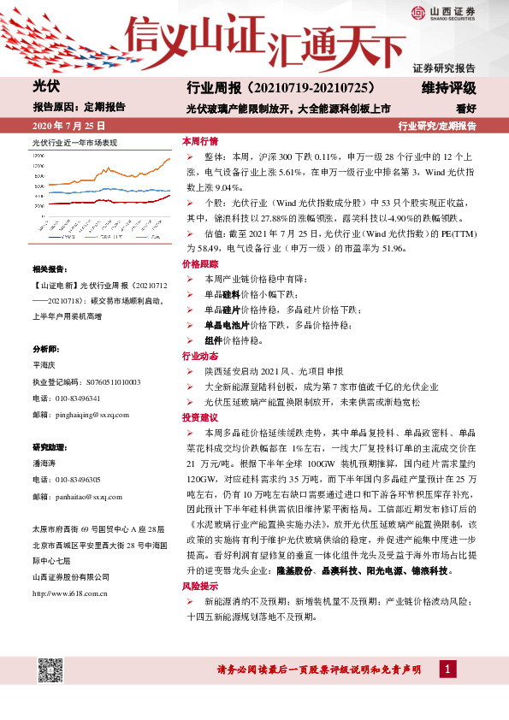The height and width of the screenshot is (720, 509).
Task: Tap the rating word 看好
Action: pyautogui.click(x=465, y=109)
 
